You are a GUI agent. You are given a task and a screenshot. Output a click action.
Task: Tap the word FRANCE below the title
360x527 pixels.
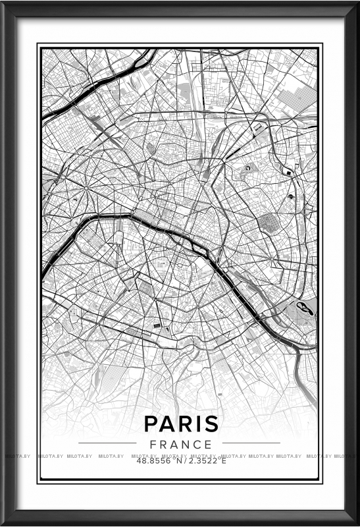[x=180, y=444]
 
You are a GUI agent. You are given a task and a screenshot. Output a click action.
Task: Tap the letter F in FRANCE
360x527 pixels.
[x=153, y=444]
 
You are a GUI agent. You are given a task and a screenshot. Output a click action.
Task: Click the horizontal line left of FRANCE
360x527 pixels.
[x=107, y=443]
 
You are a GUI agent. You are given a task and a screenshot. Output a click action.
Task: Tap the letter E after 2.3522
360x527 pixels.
[x=223, y=460]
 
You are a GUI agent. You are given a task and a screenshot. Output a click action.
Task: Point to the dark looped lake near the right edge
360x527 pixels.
[x=305, y=307]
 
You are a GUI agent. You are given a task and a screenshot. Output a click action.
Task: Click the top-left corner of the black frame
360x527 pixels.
[x=4, y=4]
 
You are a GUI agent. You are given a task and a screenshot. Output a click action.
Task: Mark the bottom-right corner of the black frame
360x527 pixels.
[x=356, y=523]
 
